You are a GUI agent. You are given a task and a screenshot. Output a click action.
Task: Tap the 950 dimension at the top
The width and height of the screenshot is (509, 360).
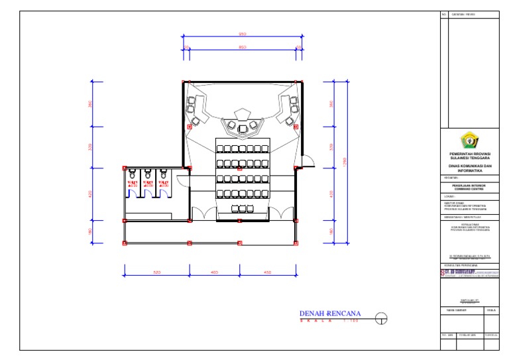(x=243, y=34)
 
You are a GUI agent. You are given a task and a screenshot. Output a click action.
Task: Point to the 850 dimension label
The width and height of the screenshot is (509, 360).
(x=243, y=47)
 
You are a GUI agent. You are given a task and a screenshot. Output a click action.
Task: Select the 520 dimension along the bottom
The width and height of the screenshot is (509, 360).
(x=156, y=272)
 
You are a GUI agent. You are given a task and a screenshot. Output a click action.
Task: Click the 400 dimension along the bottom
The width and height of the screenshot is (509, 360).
(x=215, y=272)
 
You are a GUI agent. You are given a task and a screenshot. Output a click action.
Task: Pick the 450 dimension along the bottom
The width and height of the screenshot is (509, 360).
(x=267, y=272)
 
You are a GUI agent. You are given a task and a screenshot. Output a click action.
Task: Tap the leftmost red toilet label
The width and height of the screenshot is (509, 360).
(x=131, y=183)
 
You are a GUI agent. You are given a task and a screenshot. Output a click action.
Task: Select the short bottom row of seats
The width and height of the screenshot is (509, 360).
(x=243, y=210)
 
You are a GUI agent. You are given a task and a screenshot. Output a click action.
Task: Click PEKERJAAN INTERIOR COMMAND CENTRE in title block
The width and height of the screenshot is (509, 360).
(x=469, y=188)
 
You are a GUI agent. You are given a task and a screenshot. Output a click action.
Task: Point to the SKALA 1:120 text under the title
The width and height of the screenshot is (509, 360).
(x=329, y=322)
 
